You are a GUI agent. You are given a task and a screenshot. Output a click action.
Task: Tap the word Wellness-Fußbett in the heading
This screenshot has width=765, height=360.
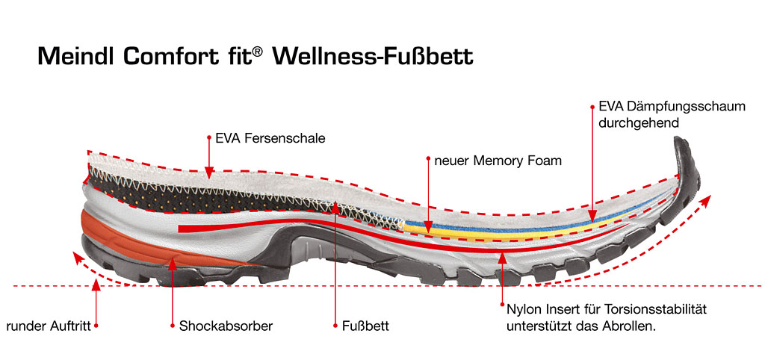coord(374,57)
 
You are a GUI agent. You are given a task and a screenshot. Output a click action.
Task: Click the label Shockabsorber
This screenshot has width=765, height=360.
coord(226,326)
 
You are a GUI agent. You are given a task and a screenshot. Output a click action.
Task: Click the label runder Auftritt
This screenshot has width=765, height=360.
coord(48,326)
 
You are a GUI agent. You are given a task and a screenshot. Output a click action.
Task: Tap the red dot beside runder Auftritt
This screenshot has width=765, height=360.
coord(96,326)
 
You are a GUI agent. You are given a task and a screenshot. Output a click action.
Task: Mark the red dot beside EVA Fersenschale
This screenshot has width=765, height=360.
coord(210,137)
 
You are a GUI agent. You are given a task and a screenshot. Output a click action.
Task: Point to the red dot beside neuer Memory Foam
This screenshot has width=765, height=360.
coord(429,159)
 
